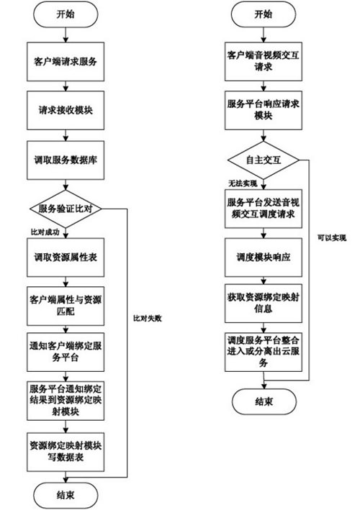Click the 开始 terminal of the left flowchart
[x=66, y=15]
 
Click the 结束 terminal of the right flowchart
[x=264, y=401]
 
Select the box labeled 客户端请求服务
[x=66, y=61]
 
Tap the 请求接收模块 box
[x=66, y=110]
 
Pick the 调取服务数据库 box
[x=66, y=160]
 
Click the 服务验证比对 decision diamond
[x=66, y=209]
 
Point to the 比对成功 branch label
[x=45, y=232]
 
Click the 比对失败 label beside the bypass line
[x=147, y=319]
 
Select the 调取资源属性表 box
[x=66, y=258]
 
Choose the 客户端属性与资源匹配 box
[x=66, y=306]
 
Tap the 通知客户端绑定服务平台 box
[x=66, y=352]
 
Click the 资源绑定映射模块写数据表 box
[x=66, y=452]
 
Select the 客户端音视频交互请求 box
[x=264, y=61]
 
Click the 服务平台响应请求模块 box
[x=264, y=110]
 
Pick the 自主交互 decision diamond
[x=264, y=160]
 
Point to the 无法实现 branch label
[x=243, y=183]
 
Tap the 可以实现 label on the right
[x=332, y=238]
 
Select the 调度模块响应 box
[x=264, y=258]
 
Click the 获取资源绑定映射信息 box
[x=264, y=304]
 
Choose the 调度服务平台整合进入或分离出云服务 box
[x=264, y=352]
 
